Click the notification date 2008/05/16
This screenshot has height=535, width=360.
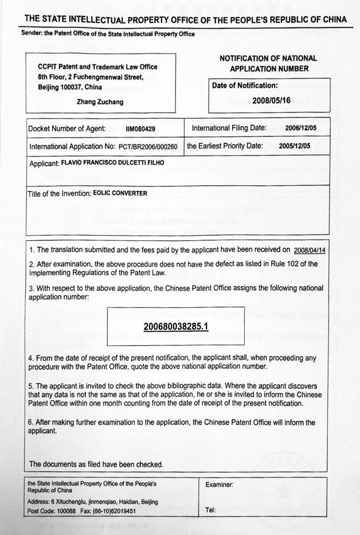[272, 100]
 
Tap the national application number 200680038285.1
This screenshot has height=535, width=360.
[175, 326]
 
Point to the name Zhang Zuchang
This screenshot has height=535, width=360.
[99, 101]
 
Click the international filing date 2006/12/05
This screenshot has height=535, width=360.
[301, 128]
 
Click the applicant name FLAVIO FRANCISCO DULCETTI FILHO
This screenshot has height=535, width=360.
[117, 163]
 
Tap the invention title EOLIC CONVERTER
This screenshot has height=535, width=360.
[120, 193]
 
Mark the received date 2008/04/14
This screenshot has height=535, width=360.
[309, 251]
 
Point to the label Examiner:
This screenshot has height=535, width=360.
[219, 485]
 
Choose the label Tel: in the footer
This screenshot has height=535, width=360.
[210, 510]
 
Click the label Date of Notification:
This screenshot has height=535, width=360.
[245, 85]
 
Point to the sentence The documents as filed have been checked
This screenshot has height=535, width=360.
[96, 464]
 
